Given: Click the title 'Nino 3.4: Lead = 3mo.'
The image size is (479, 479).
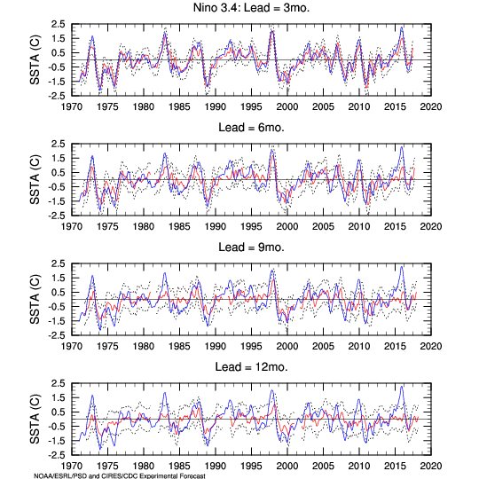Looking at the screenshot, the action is [x=251, y=8].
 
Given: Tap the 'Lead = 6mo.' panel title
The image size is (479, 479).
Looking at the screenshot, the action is [x=251, y=128].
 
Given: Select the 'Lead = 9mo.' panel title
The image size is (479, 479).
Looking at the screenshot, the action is [x=251, y=247].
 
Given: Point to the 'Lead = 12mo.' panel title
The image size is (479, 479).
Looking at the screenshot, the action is [x=251, y=367].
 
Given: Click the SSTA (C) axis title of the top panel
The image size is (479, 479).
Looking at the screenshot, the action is [x=35, y=60].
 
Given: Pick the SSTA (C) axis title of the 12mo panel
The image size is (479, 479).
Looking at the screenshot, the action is [x=35, y=419].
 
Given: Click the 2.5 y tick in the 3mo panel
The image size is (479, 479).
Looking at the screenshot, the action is [x=58, y=24].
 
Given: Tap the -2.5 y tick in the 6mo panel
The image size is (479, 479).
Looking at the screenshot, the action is [x=57, y=216].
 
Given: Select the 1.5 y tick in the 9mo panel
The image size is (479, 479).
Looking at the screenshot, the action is [x=58, y=278].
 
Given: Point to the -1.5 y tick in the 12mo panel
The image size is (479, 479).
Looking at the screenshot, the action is [x=57, y=441].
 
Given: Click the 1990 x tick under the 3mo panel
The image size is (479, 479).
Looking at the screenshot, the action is [x=216, y=106].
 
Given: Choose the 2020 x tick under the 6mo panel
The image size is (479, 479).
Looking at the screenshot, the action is [x=431, y=226].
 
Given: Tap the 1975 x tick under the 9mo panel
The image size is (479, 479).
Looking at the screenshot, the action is [x=107, y=346].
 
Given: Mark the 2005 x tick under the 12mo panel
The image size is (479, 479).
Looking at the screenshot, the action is [x=323, y=466].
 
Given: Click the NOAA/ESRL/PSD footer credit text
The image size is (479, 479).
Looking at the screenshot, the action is [x=120, y=476].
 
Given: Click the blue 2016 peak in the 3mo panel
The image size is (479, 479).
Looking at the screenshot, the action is [x=402, y=27].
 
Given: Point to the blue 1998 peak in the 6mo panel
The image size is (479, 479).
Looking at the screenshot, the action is [x=272, y=150].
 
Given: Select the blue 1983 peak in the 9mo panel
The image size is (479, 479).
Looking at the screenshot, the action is [x=165, y=273].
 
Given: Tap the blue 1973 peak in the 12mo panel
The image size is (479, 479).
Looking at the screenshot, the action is [x=92, y=396].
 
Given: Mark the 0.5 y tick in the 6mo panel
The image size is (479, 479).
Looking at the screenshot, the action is [x=58, y=173].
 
